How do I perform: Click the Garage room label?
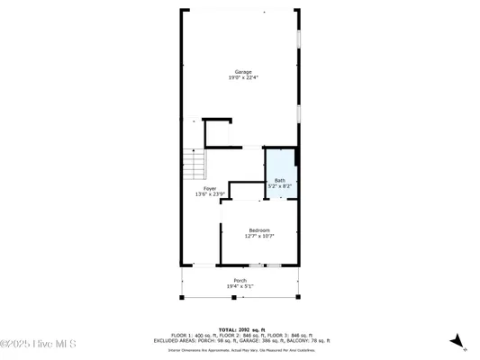(x=243, y=72)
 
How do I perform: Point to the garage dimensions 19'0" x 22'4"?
(x=243, y=77)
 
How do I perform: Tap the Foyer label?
(x=209, y=188)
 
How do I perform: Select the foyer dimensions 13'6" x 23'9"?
(x=209, y=193)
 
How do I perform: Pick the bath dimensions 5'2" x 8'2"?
(x=279, y=185)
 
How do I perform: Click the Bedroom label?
(x=259, y=230)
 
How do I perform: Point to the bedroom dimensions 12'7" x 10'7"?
(x=259, y=236)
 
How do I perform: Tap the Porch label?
(x=240, y=281)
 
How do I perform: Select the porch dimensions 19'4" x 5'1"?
(x=240, y=286)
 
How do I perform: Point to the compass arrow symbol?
(x=458, y=341)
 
